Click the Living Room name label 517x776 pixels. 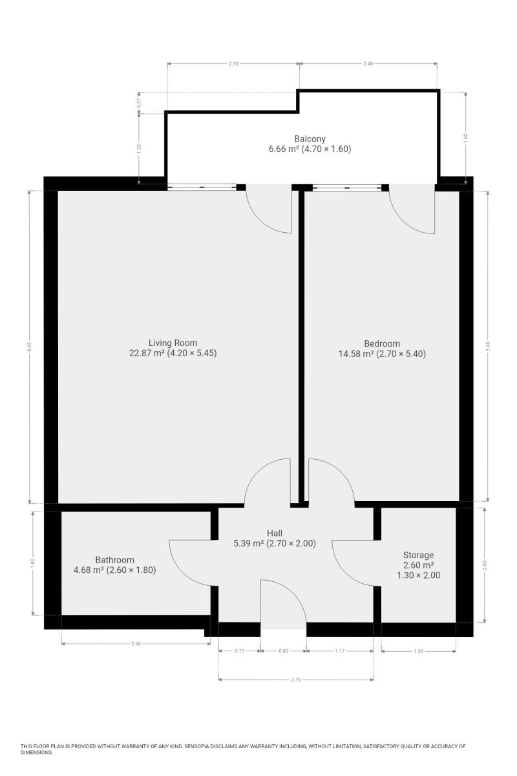[173, 343]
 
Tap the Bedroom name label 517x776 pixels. [382, 343]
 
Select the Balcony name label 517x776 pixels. [310, 138]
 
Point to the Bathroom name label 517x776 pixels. [114, 560]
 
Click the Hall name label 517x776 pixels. [275, 533]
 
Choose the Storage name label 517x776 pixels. [418, 555]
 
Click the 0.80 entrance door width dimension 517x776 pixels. [283, 651]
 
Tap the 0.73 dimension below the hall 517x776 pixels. [239, 651]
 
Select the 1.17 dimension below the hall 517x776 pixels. [340, 651]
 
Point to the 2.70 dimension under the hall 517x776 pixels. [295, 680]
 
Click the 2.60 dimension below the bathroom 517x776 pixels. [136, 643]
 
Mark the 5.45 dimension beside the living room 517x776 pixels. [30, 347]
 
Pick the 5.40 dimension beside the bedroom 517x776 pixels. [488, 346]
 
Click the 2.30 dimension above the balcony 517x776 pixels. [233, 64]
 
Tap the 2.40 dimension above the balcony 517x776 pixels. [368, 64]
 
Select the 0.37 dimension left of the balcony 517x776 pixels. [139, 103]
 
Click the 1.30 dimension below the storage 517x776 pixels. [418, 651]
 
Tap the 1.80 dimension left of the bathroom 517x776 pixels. [33, 563]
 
